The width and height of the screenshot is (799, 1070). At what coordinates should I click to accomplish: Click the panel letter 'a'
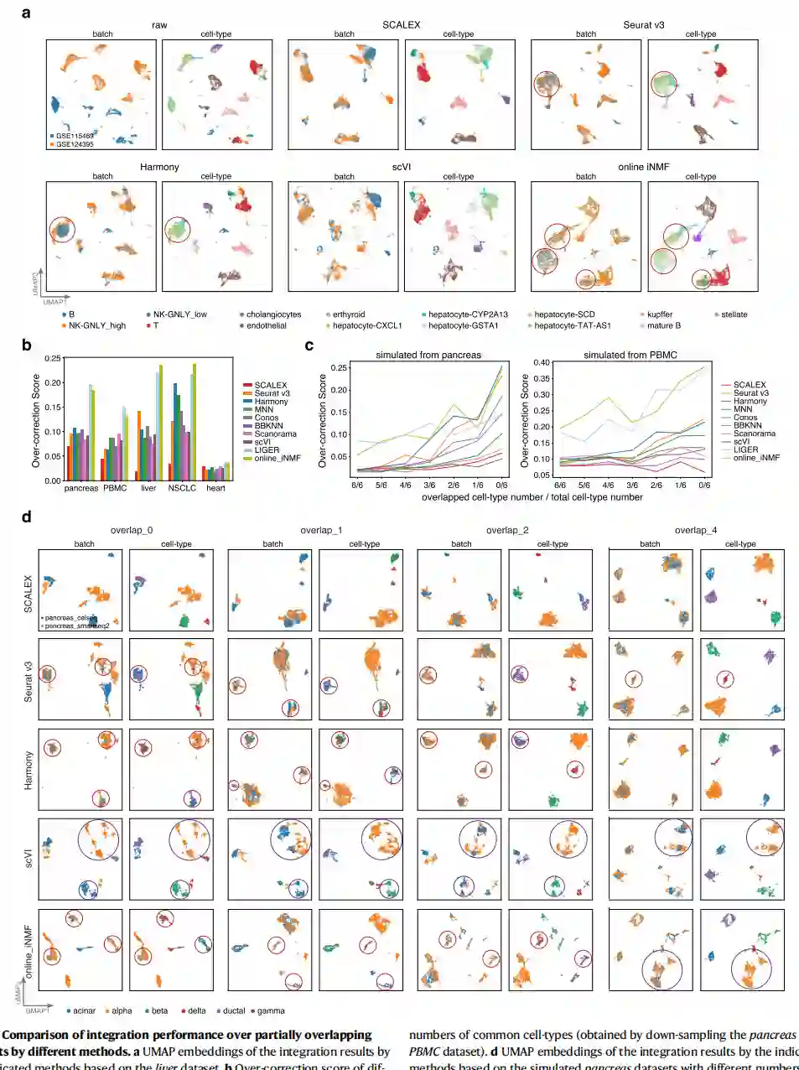click(x=26, y=13)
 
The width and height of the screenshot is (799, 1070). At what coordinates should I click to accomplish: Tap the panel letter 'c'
click(x=309, y=345)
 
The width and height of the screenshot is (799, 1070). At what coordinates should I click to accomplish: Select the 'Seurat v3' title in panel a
click(x=643, y=25)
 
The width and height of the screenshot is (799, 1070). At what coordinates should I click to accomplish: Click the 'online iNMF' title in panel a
click(x=643, y=167)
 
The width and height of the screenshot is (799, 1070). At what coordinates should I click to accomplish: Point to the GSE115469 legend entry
click(x=74, y=136)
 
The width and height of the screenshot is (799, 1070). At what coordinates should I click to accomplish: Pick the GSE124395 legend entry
click(x=74, y=144)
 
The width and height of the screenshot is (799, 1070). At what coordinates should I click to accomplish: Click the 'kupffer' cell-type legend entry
click(x=659, y=314)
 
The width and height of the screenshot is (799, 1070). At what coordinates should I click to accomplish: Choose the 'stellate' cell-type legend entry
click(x=734, y=314)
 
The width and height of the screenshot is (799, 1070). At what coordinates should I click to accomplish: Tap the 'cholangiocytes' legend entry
click(x=272, y=314)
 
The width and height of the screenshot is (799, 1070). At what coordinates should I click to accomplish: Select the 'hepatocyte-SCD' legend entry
click(x=563, y=314)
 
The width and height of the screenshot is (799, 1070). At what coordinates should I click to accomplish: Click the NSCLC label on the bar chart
click(x=182, y=488)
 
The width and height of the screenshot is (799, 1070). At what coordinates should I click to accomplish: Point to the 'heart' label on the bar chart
click(x=215, y=488)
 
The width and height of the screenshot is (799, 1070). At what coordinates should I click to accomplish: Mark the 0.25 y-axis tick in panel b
click(x=53, y=359)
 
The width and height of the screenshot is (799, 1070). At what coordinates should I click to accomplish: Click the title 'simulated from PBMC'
click(x=630, y=355)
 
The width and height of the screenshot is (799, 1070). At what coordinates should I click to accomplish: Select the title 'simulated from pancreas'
click(x=428, y=355)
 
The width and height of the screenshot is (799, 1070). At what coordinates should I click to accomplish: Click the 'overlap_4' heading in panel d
click(x=695, y=530)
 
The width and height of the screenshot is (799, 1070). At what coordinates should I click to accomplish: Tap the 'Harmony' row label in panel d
click(x=29, y=770)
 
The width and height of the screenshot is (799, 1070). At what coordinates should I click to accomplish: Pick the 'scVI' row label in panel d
click(x=29, y=859)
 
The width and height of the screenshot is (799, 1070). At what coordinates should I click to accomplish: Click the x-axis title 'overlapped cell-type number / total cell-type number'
click(x=532, y=497)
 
